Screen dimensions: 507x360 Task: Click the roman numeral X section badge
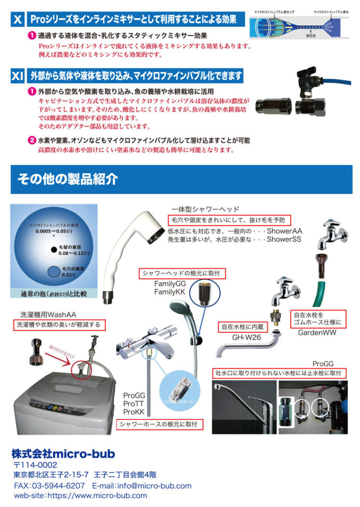pyautogui.click(x=17, y=20)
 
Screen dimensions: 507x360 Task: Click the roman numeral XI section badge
pyautogui.click(x=17, y=76)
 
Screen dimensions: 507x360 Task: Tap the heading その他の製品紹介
pyautogui.click(x=68, y=179)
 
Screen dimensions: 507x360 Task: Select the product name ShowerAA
pyautogui.click(x=284, y=231)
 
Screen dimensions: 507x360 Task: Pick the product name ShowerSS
pyautogui.click(x=284, y=239)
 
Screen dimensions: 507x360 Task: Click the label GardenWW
pyautogui.click(x=317, y=333)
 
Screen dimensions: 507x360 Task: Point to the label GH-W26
pyautogui.click(x=247, y=338)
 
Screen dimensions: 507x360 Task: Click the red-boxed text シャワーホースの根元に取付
pyautogui.click(x=158, y=424)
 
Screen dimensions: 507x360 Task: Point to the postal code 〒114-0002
pyautogui.click(x=36, y=465)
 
